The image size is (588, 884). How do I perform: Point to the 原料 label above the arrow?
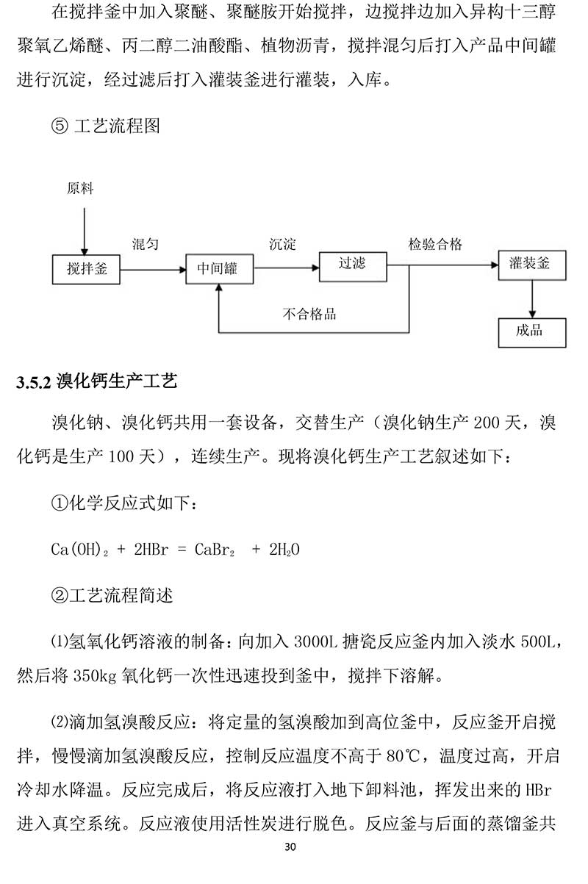(x=80, y=188)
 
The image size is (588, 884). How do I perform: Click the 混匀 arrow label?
(x=146, y=244)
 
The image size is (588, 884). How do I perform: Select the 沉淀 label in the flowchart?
(x=282, y=244)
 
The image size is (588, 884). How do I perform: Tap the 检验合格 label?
(x=435, y=244)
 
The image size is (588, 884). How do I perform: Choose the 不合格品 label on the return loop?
(x=309, y=314)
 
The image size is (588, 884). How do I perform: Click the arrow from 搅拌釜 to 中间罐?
(x=153, y=270)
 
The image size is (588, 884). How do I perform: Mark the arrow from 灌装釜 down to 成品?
(x=532, y=299)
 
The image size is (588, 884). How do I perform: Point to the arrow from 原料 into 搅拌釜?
(x=84, y=231)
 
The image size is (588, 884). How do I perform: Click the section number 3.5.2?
(x=34, y=383)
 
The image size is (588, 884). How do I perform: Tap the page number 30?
(x=290, y=847)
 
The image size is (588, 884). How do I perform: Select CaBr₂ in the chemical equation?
(x=215, y=550)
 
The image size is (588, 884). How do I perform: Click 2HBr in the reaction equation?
(x=151, y=549)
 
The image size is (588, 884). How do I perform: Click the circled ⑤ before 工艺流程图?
(x=60, y=126)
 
